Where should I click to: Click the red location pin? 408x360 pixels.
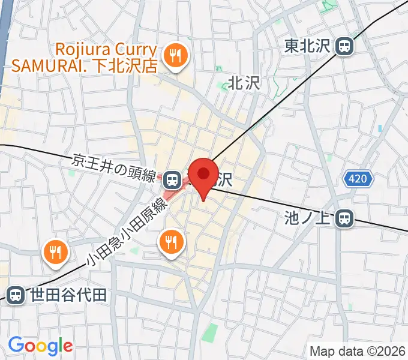click(x=204, y=175)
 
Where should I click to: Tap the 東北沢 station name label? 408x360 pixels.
click(x=308, y=45)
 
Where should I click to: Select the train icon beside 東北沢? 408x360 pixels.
click(x=344, y=46)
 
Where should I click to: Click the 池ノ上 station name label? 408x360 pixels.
click(x=308, y=218)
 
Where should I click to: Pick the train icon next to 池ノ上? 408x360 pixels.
click(x=344, y=218)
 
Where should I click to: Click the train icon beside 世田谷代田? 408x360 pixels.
click(x=16, y=295)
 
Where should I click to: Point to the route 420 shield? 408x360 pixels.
click(x=359, y=178)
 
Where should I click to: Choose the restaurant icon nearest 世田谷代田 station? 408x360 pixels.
click(x=55, y=253)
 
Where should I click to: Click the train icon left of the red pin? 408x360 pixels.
click(x=172, y=178)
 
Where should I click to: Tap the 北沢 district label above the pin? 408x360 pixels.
click(x=244, y=83)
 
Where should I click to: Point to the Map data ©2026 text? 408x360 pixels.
click(x=356, y=351)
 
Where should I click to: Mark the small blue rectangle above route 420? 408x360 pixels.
click(x=380, y=128)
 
